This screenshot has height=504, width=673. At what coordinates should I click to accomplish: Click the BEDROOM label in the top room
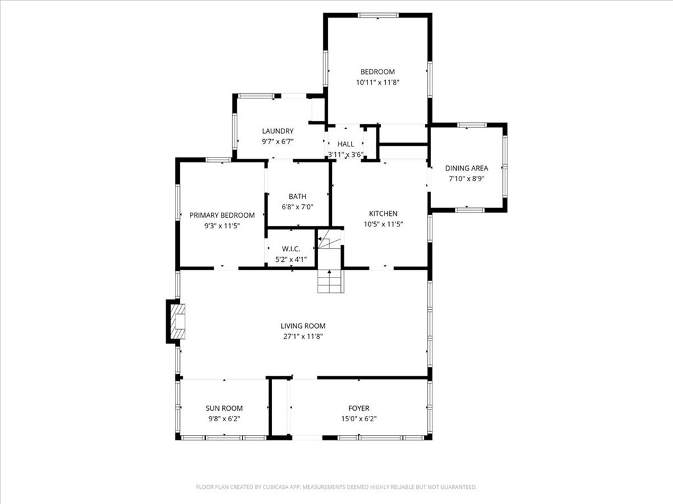377,72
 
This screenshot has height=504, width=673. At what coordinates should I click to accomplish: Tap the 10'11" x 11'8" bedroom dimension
377,83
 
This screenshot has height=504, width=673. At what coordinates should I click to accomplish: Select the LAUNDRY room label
277,131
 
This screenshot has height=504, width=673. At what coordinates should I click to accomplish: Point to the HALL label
346,144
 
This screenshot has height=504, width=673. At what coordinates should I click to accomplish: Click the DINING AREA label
467,168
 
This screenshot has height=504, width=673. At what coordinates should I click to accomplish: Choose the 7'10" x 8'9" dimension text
467,178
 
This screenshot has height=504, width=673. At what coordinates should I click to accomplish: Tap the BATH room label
297,196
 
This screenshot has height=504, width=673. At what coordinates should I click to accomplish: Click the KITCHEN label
383,213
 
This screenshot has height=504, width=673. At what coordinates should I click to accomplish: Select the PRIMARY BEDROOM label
222,215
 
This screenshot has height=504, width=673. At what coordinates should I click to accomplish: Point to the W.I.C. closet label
290,249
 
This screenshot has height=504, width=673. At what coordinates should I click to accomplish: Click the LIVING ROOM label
303,325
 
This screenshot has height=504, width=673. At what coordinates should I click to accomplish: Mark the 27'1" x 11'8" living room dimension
303,337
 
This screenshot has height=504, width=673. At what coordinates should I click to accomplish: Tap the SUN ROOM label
223,408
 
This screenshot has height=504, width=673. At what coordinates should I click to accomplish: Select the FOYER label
358,408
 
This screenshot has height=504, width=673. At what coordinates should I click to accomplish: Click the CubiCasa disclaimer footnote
336,487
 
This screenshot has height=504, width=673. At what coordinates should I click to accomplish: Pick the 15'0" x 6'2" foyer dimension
358,419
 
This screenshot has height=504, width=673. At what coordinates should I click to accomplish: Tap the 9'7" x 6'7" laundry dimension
277,141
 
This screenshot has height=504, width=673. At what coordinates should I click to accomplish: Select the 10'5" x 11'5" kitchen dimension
383,224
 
